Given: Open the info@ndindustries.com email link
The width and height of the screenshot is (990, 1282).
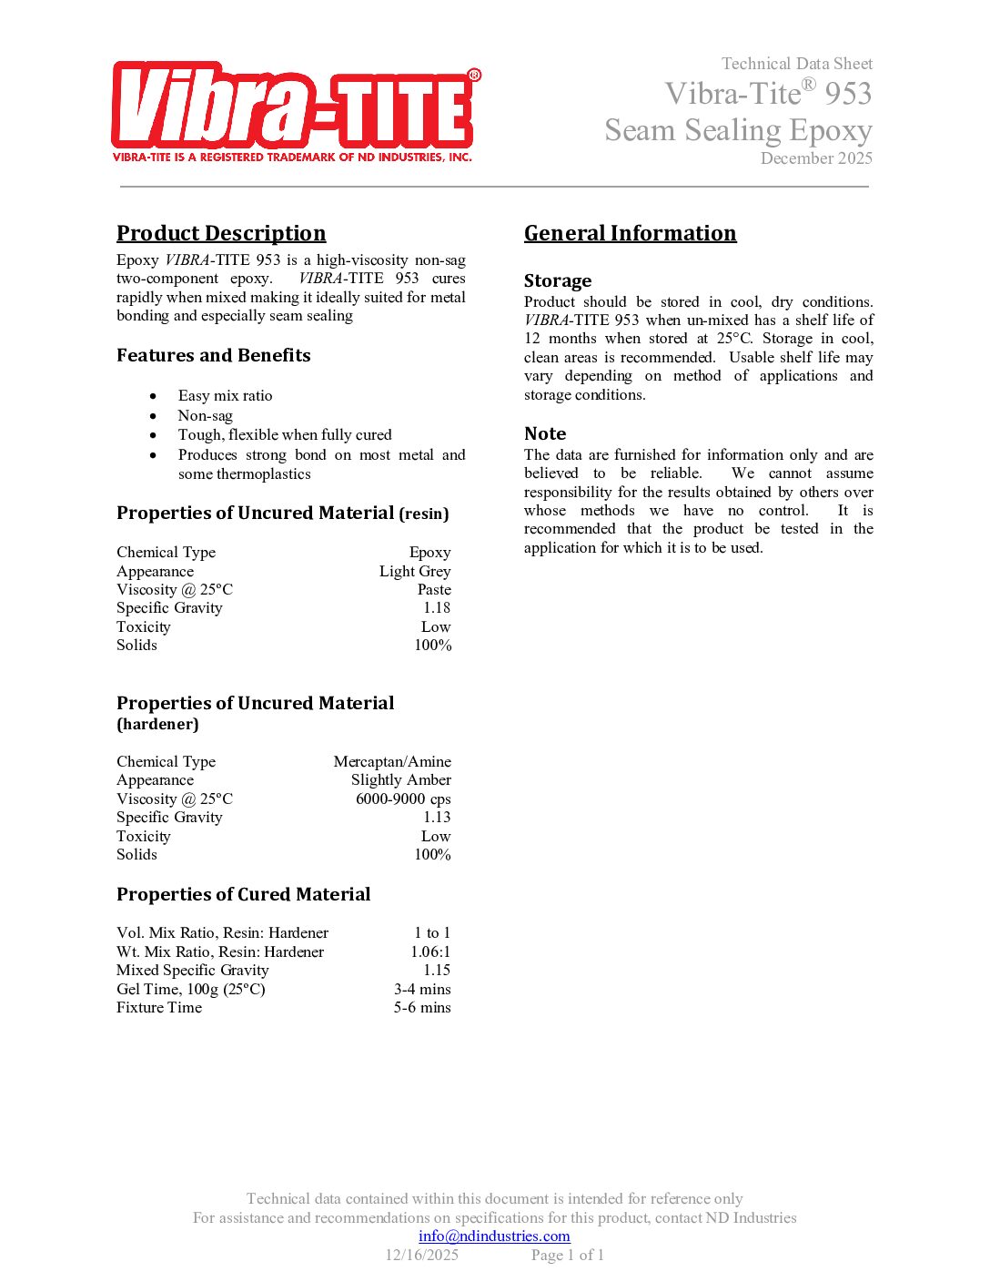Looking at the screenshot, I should [x=494, y=1236].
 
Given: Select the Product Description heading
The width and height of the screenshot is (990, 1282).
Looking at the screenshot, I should [x=221, y=233].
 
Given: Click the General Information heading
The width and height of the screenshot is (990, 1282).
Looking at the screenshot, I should [x=630, y=233].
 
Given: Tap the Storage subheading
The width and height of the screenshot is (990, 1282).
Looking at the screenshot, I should [x=558, y=280].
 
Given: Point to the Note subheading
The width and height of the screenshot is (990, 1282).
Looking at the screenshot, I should [x=545, y=433].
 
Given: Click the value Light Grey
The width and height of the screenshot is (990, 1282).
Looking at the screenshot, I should [x=415, y=571].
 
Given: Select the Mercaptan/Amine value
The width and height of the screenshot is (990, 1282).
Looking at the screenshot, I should [x=392, y=761].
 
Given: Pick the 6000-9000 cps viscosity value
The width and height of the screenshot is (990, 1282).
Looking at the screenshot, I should [x=403, y=799].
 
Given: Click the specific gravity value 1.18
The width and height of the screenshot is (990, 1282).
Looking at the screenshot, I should [x=437, y=607].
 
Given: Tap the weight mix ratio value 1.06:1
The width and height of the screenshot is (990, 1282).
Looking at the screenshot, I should [x=430, y=951].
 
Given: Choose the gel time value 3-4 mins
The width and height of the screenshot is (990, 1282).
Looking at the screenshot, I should [x=422, y=989].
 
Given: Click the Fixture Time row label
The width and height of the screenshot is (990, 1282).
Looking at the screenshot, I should [x=159, y=1007].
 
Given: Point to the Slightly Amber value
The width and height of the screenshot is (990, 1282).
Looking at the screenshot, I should [x=401, y=779].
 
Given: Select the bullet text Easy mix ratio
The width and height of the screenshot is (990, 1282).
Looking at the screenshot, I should [x=225, y=395].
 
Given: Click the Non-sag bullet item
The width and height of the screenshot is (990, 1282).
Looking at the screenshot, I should [x=205, y=415].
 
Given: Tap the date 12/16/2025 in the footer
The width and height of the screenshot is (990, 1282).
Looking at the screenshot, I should [x=422, y=1255].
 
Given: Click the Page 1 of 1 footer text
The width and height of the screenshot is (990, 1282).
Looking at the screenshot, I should [x=568, y=1255].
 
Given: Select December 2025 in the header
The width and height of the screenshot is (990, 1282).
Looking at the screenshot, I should [x=816, y=158].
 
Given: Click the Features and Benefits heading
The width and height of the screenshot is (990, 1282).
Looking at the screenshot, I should [x=214, y=355].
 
